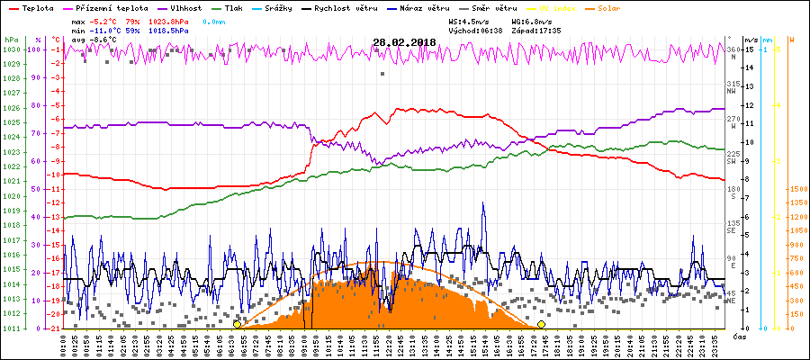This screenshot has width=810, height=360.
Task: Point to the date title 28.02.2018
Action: click(404, 41)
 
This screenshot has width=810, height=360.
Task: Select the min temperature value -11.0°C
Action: click(110, 30)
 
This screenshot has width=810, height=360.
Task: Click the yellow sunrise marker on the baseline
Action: click(237, 324)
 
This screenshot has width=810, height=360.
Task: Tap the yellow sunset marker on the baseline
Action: click(541, 324)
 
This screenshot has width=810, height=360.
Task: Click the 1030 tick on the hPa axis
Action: click(11, 50)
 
